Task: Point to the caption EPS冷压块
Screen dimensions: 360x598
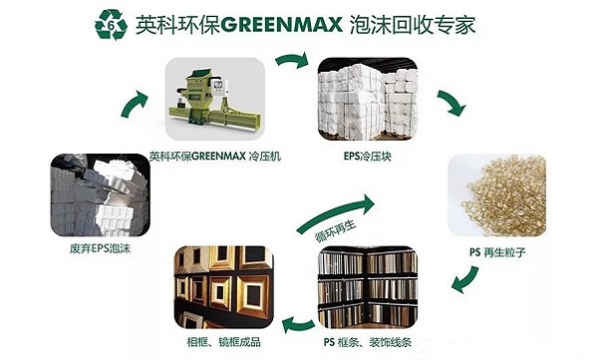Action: pos(365,157)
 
